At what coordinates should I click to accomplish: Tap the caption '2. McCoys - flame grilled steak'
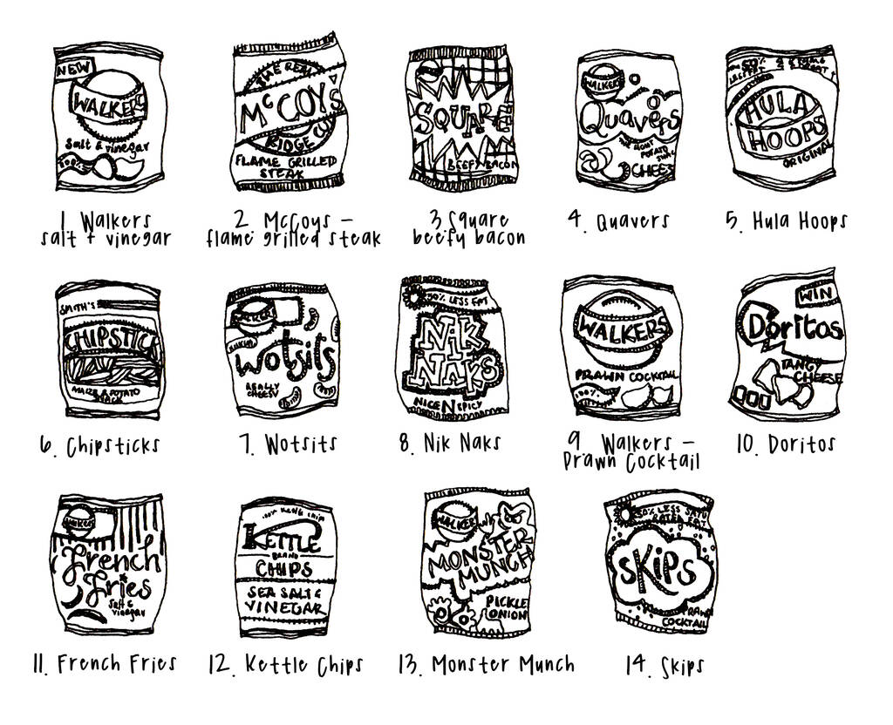[294, 229]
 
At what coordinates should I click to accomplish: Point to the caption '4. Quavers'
[618, 220]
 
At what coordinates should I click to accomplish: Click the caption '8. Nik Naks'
[449, 443]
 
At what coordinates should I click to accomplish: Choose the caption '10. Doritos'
[786, 444]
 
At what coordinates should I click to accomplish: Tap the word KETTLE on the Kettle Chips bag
[282, 539]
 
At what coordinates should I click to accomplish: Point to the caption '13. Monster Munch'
[486, 664]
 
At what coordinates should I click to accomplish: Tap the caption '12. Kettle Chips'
[286, 665]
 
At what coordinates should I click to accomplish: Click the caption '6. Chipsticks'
[100, 446]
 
